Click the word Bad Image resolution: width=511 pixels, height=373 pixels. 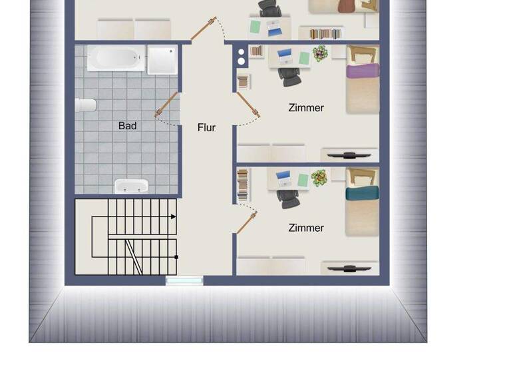coord(127,125)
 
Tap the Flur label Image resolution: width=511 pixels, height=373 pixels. coord(206,127)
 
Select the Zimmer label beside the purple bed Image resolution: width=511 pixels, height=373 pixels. coord(306,107)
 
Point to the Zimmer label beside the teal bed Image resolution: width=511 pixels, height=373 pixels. coord(306,228)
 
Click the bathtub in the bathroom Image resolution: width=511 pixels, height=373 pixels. coord(116,58)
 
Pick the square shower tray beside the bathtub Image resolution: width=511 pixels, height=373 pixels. coord(162,59)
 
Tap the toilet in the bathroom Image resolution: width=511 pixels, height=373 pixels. coord(86,105)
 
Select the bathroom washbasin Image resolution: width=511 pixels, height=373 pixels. coord(131,186)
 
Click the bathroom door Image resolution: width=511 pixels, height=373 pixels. coord(167,105)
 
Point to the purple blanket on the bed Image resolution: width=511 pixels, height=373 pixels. coord(362,71)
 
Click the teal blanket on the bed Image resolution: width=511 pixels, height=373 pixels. coord(362,192)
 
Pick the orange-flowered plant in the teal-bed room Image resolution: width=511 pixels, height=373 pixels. coord(319,177)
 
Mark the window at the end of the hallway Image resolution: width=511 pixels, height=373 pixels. coord(184,280)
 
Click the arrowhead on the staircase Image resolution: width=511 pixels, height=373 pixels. coord(174,216)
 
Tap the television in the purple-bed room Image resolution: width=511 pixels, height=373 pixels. coord(349,155)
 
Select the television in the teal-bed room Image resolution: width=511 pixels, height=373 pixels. coord(349,268)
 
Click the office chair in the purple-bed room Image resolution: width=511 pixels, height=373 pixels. coord(290,77)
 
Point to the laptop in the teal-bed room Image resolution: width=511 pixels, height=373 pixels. coord(284,178)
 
